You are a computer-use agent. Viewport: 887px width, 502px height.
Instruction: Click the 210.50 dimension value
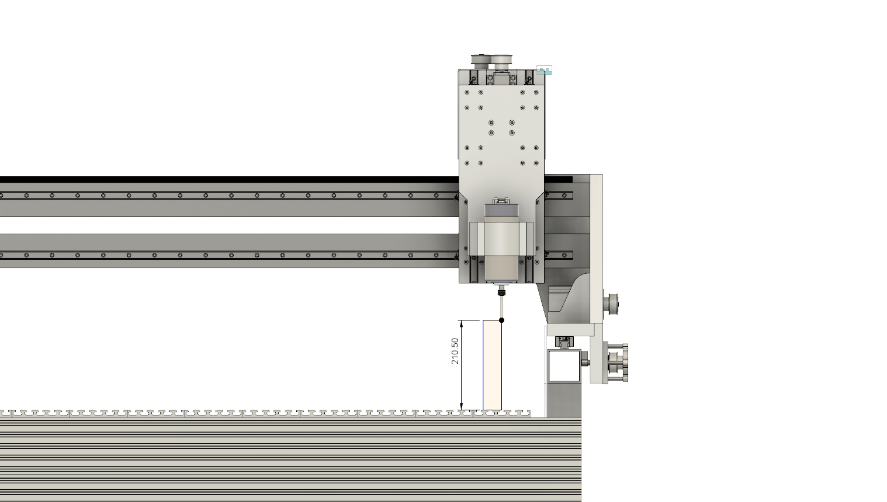(455, 351)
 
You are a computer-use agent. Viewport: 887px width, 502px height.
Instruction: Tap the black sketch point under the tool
(502, 320)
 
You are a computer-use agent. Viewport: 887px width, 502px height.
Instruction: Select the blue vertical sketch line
(483, 365)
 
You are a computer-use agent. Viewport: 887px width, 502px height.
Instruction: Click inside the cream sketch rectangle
(492, 365)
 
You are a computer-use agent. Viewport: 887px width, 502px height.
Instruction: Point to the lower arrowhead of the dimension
(461, 407)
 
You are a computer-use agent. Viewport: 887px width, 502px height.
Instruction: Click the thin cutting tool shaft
(502, 306)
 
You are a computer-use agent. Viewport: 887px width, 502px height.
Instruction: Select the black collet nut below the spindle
(502, 292)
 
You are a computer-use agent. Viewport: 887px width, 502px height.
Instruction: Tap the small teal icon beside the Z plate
(544, 71)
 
